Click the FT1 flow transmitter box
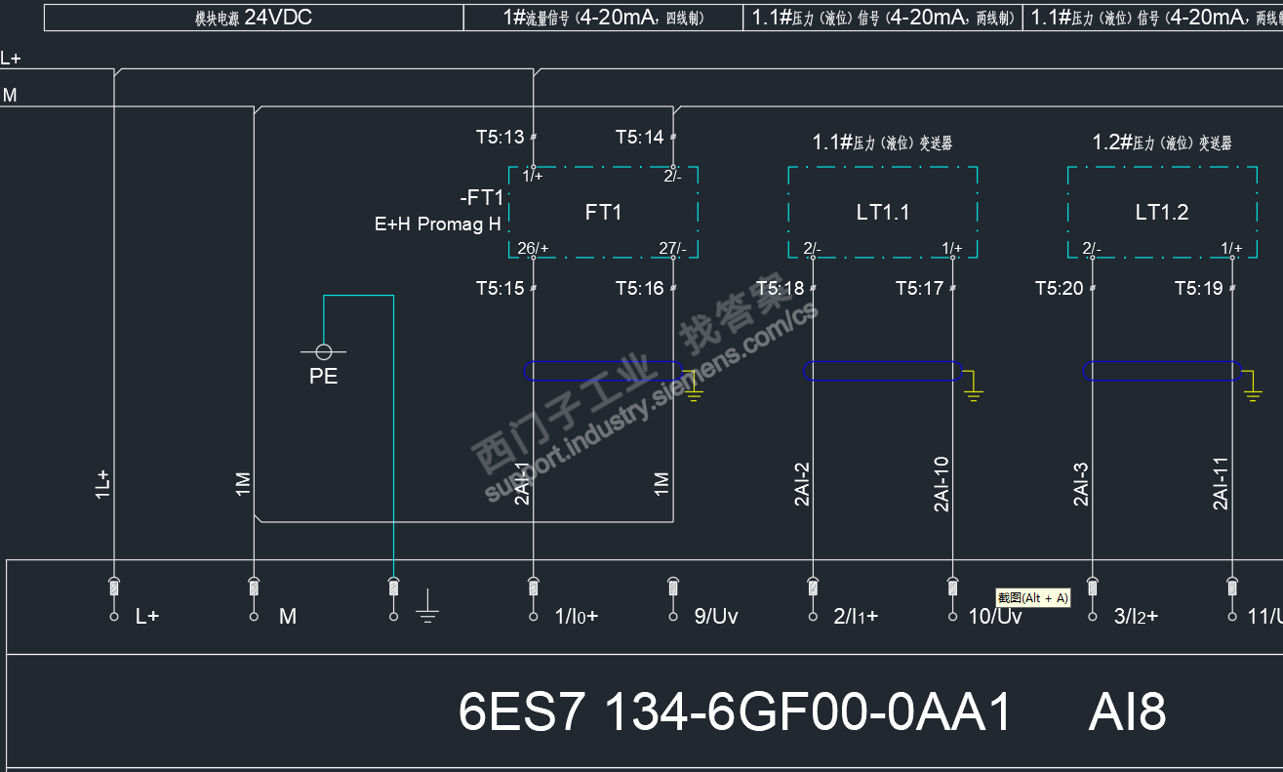[x=603, y=212]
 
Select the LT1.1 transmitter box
[x=882, y=212]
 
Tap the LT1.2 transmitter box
[x=1161, y=212]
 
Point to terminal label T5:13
[x=500, y=138]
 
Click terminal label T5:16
[x=639, y=288]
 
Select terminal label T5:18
[x=780, y=288]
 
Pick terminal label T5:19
[x=1198, y=288]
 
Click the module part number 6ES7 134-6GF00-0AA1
[x=735, y=712]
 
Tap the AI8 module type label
[x=1127, y=712]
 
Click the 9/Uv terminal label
[x=716, y=617]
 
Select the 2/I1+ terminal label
[x=856, y=617]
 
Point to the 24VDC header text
[x=278, y=18]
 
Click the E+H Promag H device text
[x=438, y=224]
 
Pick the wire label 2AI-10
[x=942, y=484]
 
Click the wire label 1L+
[x=102, y=485]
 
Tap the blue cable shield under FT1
[x=603, y=371]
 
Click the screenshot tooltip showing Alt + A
[x=1032, y=597]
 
